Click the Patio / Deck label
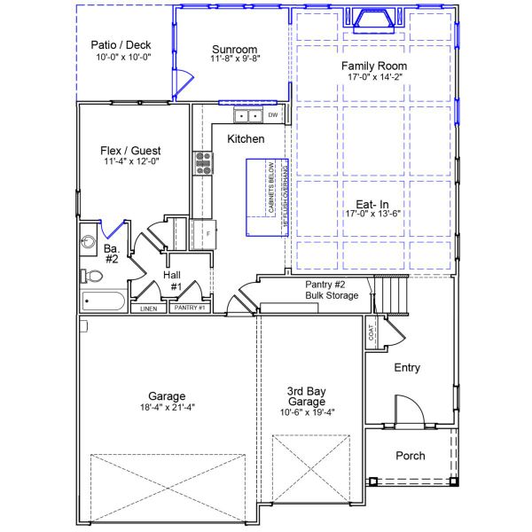coord(121,44)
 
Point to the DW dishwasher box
coord(273,115)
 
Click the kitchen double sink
coord(247,115)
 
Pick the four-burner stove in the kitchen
coord(204,161)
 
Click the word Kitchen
coord(246,139)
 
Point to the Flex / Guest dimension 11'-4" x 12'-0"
coord(130,161)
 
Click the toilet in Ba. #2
coord(91,276)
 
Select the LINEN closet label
coord(148,309)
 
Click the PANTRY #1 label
coord(189,309)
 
